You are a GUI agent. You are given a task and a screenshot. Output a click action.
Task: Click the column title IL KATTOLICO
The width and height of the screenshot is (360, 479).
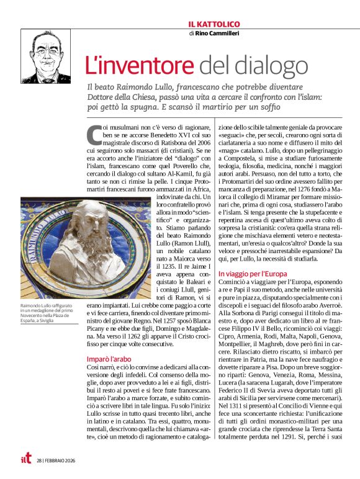click(x=214, y=24)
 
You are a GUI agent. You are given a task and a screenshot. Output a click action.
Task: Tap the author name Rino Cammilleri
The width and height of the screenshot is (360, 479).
click(x=218, y=34)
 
